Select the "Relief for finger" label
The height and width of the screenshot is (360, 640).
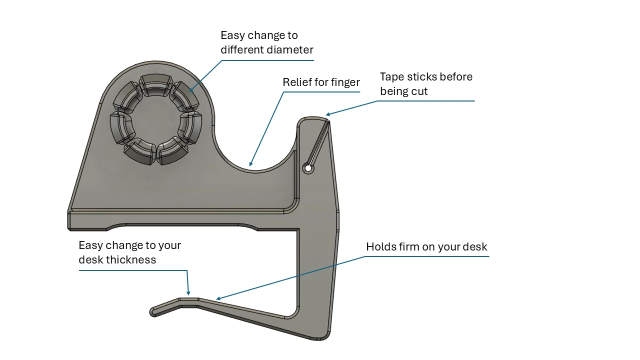tap(321, 82)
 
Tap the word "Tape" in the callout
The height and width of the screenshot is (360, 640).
tap(391, 77)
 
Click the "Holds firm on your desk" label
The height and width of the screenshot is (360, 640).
tap(426, 247)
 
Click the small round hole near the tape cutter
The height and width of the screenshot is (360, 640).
tap(308, 168)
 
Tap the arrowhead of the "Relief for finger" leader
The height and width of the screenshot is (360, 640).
tap(250, 164)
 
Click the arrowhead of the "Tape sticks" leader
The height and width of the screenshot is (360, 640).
tap(327, 115)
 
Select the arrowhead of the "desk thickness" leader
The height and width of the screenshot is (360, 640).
tap(189, 293)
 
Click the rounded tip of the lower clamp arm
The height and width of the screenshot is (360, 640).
tap(153, 312)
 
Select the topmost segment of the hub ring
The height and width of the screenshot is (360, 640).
tap(155, 85)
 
